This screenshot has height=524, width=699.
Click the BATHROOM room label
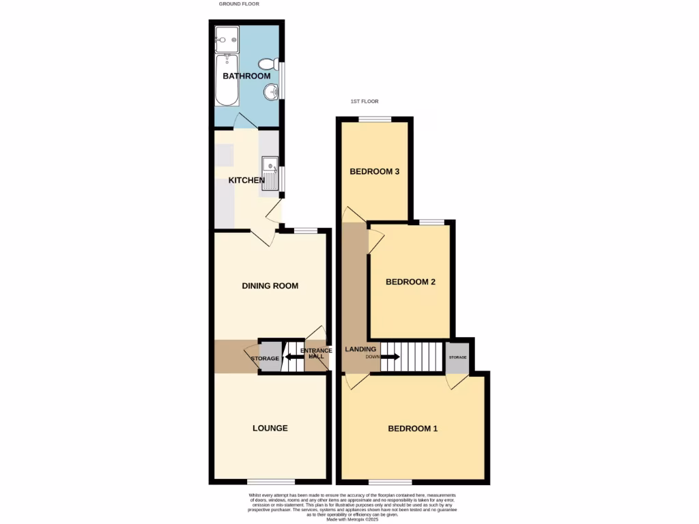click(246, 76)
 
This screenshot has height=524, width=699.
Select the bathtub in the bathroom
click(227, 81)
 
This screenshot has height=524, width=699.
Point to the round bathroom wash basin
click(272, 90)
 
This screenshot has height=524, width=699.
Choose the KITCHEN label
click(246, 180)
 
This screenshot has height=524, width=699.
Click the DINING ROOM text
click(270, 286)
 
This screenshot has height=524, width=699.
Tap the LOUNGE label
click(270, 428)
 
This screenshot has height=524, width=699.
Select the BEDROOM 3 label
click(374, 172)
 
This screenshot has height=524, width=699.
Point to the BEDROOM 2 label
click(410, 282)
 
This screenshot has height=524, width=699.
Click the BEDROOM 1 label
click(412, 429)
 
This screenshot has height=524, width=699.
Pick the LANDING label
click(360, 349)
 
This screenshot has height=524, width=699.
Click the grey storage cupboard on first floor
click(457, 357)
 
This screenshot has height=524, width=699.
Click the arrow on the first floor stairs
click(390, 356)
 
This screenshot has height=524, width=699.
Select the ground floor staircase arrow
click(294, 356)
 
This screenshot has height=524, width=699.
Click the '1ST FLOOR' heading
click(365, 102)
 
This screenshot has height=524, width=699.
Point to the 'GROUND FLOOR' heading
click(239, 4)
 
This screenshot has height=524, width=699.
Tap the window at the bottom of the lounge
click(266, 482)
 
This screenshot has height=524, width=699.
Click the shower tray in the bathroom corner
click(226, 38)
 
